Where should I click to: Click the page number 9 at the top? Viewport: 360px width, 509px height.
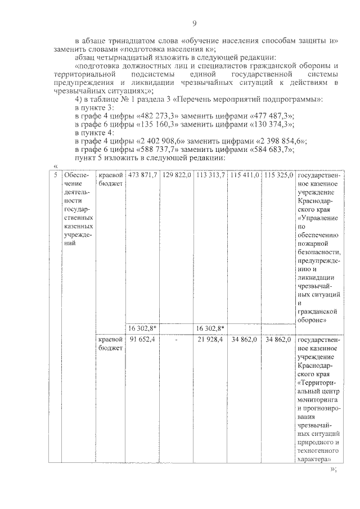click(194, 23)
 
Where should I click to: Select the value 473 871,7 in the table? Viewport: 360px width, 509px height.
click(142, 175)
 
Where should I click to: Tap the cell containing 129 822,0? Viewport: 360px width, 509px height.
click(177, 175)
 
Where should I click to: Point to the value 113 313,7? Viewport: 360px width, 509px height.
click(210, 175)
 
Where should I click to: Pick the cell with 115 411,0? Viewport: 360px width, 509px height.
click(244, 175)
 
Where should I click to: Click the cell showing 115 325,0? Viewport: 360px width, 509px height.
click(278, 175)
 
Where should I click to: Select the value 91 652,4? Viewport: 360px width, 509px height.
click(142, 340)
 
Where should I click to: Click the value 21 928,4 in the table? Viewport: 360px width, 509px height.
click(210, 340)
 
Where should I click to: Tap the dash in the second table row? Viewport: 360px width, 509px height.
click(177, 340)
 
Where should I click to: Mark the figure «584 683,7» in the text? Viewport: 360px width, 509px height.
click(272, 150)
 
